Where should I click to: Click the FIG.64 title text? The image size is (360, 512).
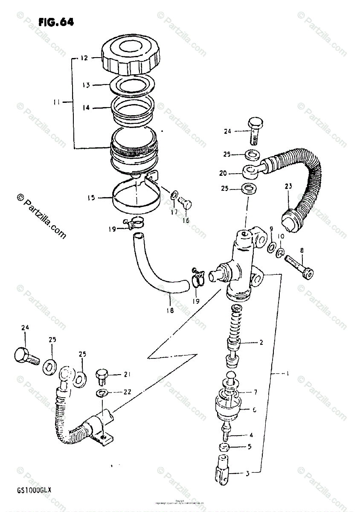56,23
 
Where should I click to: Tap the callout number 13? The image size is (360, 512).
87,85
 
